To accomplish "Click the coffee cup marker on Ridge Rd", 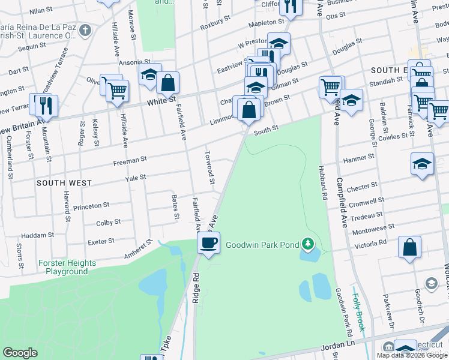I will click(209, 243).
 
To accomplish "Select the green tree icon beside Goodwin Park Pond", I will click(308, 243).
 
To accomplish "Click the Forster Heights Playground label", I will click(67, 268).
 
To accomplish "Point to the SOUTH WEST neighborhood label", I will click(64, 182).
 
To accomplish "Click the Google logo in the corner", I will click(20, 353).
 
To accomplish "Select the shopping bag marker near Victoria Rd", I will click(409, 247).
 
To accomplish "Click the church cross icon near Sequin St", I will click(85, 30).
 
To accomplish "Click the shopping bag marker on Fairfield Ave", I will click(169, 83).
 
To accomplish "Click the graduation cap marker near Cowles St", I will click(423, 163).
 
